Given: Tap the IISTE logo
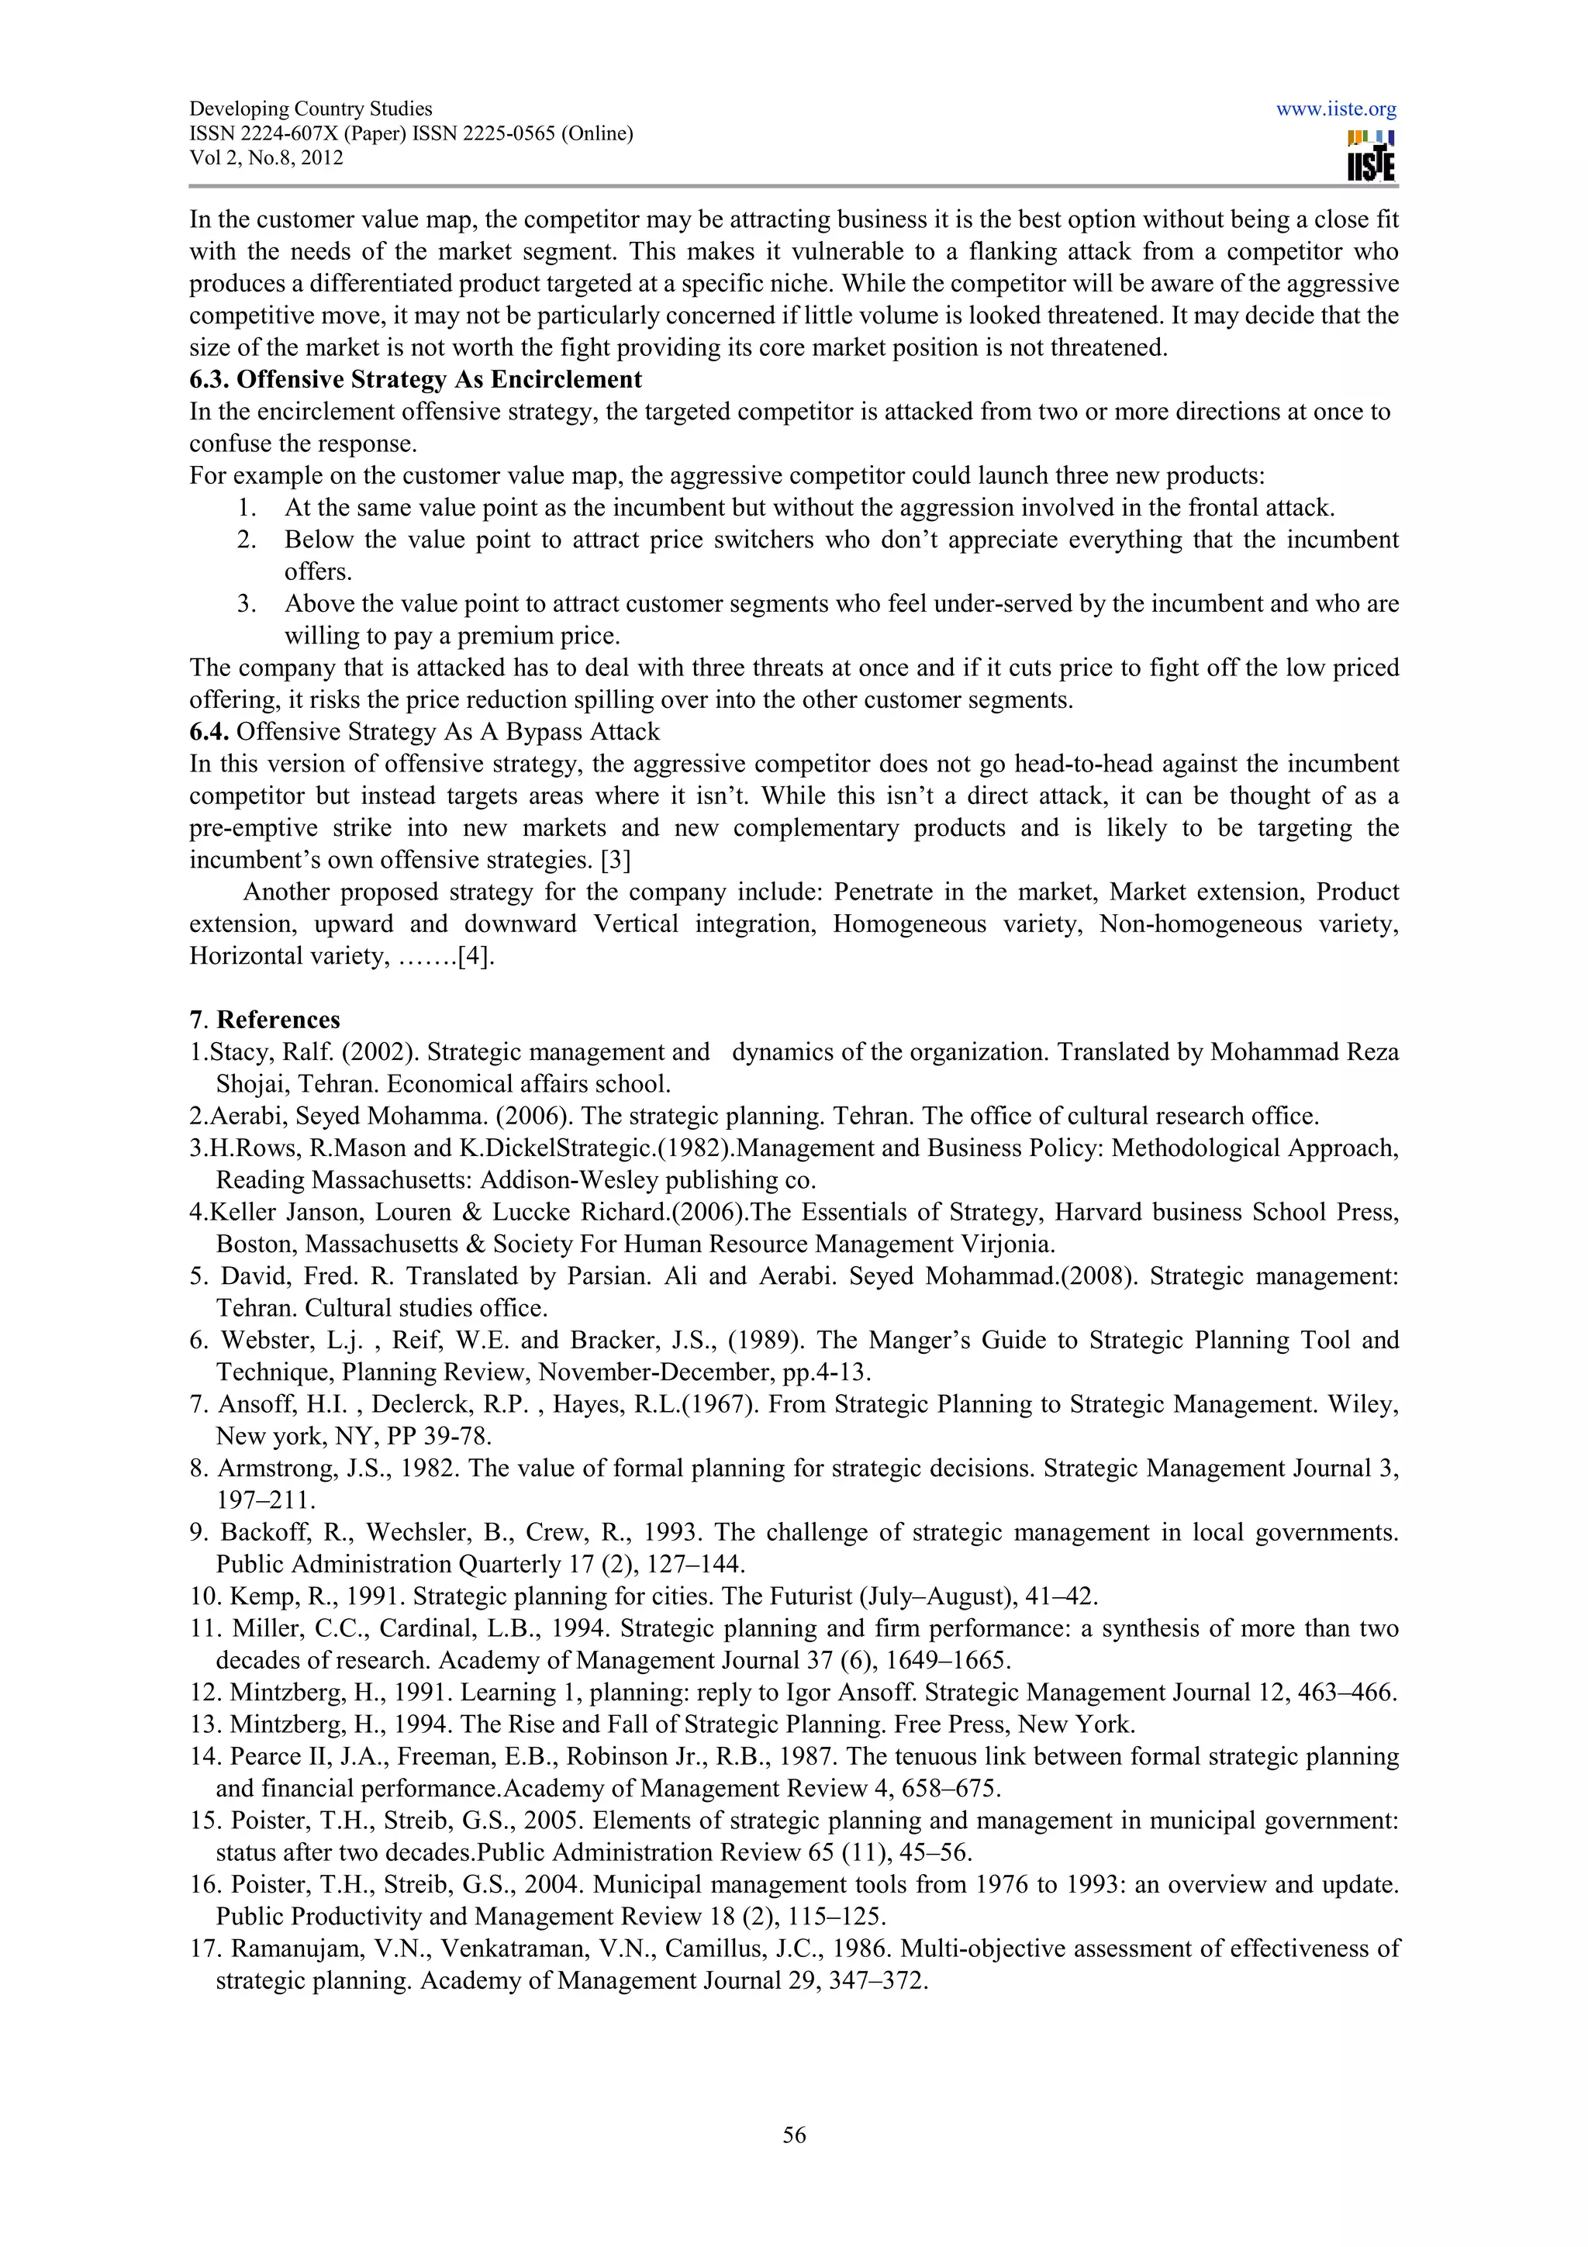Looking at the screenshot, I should (1370, 157).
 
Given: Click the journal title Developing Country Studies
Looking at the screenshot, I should (310, 109).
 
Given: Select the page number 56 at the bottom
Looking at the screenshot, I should (793, 2135).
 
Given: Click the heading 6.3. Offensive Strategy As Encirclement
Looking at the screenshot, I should (416, 380).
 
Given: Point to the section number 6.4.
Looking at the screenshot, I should (209, 732).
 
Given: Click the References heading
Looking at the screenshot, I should (278, 1020).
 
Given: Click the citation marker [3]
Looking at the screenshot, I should (616, 860).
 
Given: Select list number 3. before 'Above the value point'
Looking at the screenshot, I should (247, 604).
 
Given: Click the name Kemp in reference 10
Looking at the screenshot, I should (257, 1596).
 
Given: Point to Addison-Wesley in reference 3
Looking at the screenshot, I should (564, 1180).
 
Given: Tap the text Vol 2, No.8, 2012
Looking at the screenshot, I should (266, 158).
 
